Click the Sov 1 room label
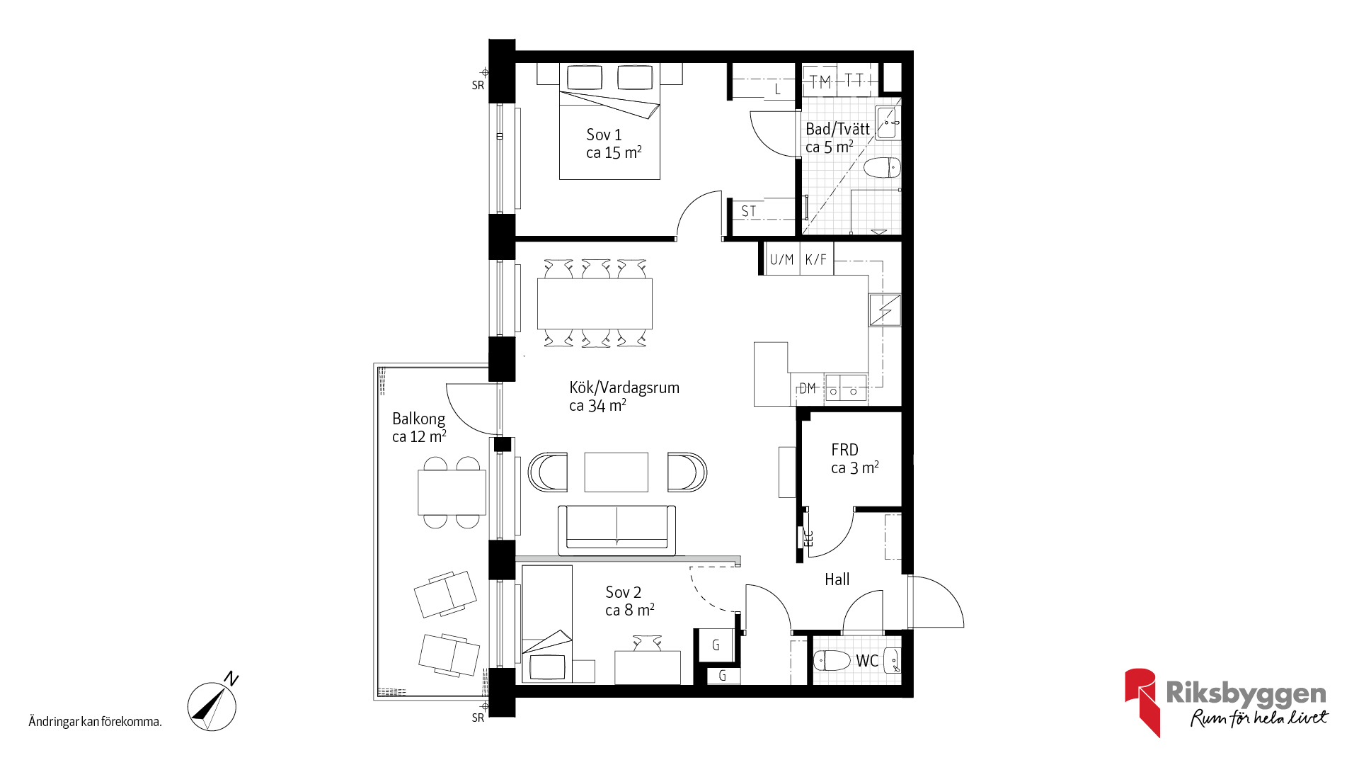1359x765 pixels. [604, 135]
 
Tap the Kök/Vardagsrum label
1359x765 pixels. [624, 387]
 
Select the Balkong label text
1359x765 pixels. [419, 419]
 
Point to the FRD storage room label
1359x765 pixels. [844, 450]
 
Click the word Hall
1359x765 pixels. [837, 579]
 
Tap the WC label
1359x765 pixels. [867, 661]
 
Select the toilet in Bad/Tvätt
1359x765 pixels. [882, 168]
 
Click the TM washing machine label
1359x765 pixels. [820, 82]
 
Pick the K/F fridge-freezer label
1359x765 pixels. [816, 259]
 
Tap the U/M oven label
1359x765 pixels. [781, 259]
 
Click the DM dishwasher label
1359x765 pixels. [808, 388]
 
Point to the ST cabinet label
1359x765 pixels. [748, 211]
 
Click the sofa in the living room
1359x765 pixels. [617, 530]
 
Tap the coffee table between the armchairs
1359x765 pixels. [616, 472]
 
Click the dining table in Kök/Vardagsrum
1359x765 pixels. [595, 303]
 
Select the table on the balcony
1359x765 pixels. [452, 492]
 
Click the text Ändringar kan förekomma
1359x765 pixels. [96, 722]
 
